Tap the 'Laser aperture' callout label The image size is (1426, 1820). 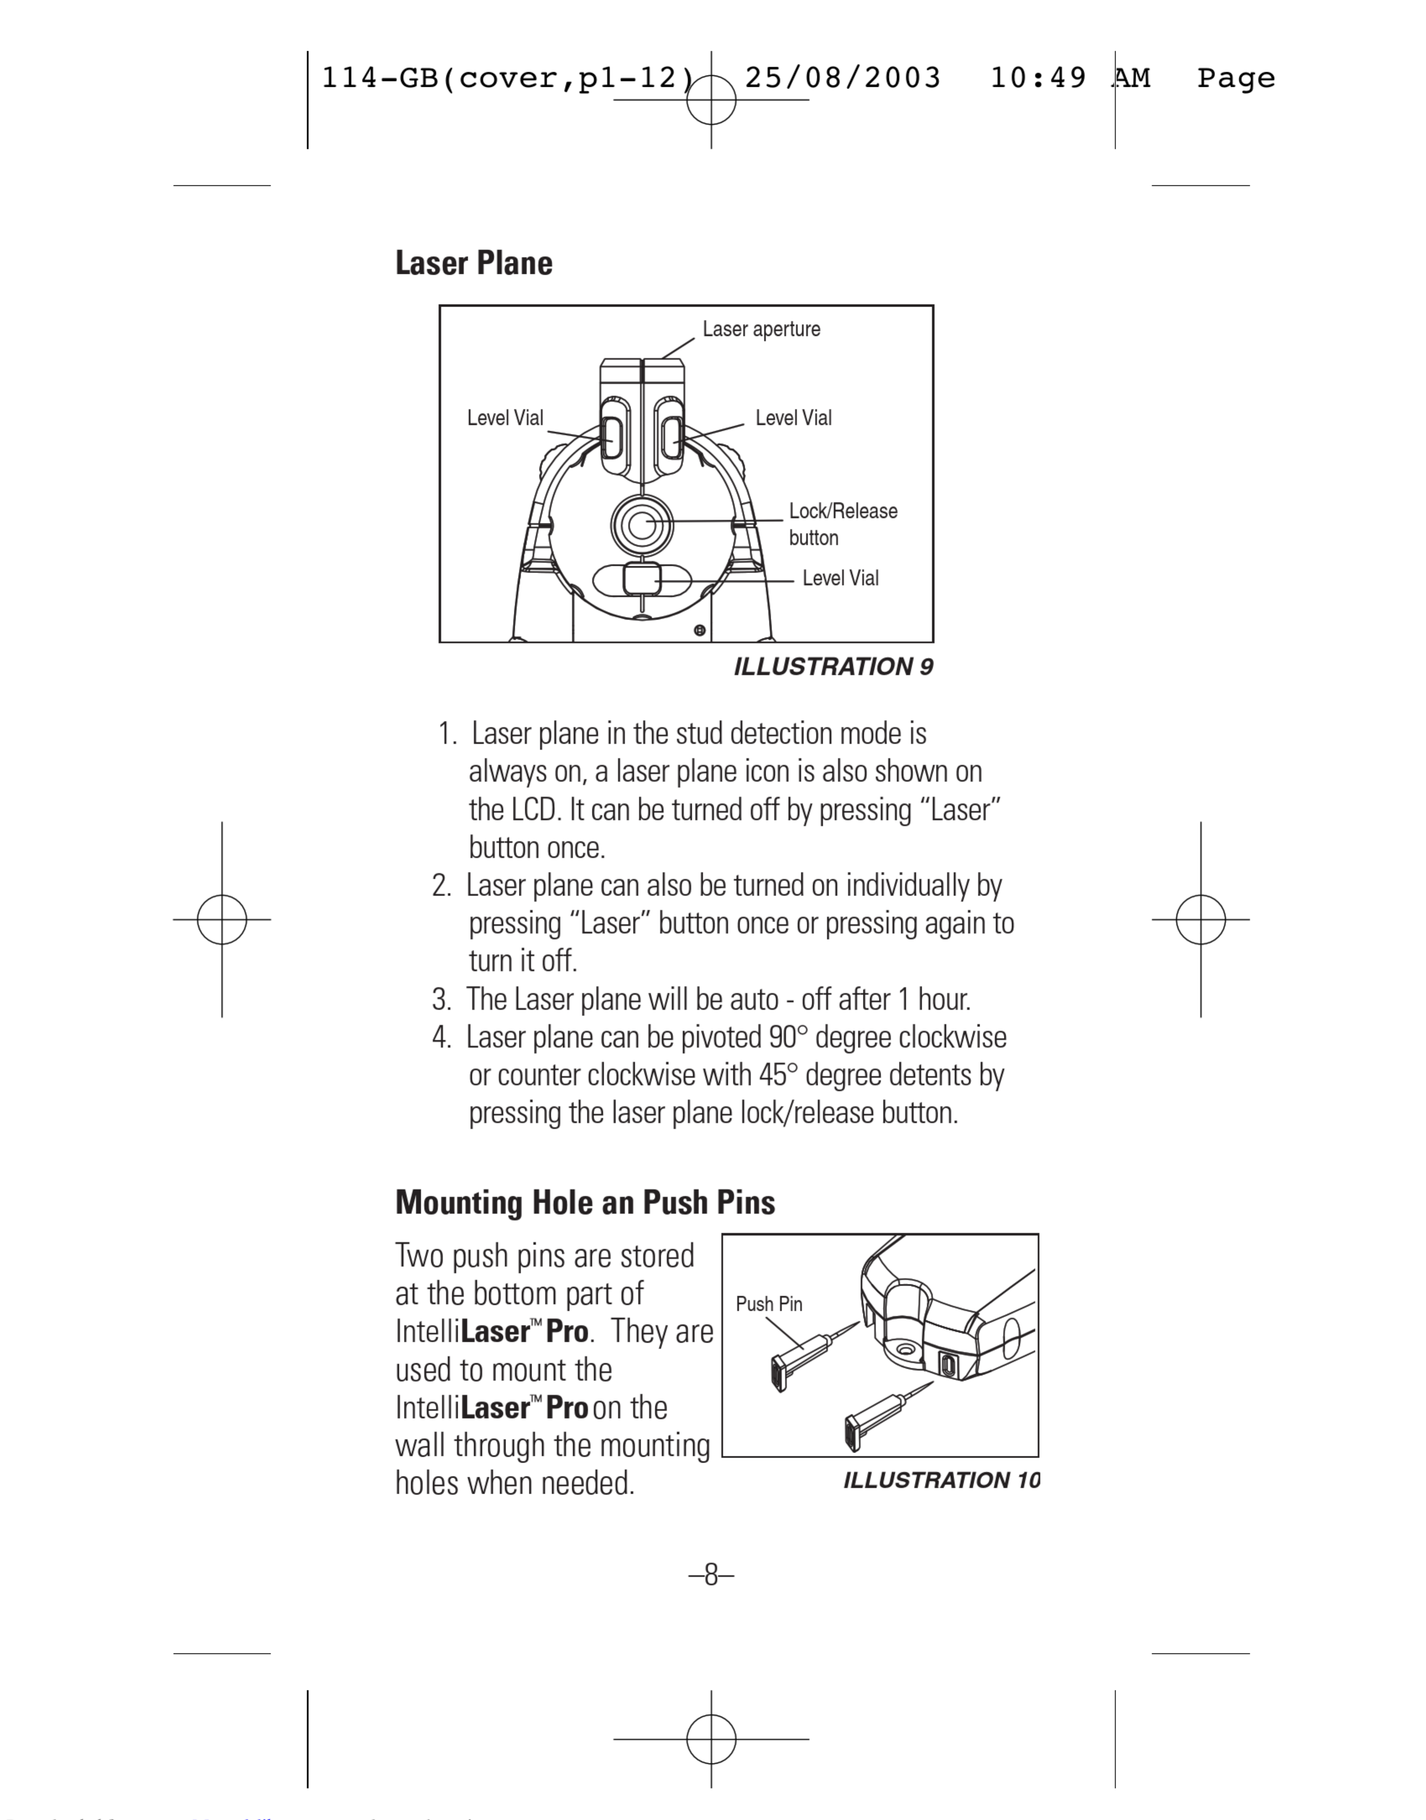click(760, 329)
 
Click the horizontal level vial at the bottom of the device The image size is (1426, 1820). click(641, 580)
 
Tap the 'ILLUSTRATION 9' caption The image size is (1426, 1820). click(833, 667)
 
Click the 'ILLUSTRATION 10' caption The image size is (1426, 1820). click(941, 1480)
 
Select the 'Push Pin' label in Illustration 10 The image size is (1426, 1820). click(768, 1304)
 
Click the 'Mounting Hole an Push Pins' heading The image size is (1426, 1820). click(584, 1202)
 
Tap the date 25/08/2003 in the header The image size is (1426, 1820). click(843, 78)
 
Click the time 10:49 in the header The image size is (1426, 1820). click(1038, 78)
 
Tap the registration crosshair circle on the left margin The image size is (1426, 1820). click(222, 919)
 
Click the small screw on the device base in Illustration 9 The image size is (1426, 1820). click(700, 630)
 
